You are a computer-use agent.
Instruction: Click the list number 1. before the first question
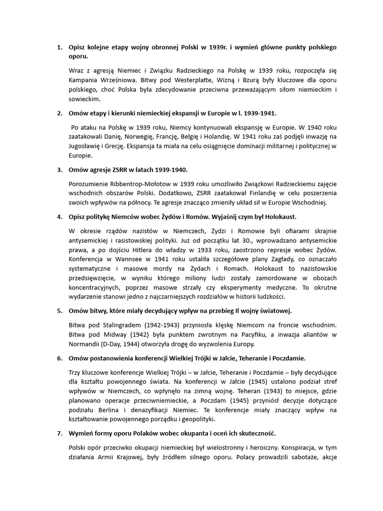(59, 47)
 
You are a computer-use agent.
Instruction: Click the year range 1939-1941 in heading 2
(257, 113)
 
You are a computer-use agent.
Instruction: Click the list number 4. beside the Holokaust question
(59, 217)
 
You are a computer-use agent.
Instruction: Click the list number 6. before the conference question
(59, 358)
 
